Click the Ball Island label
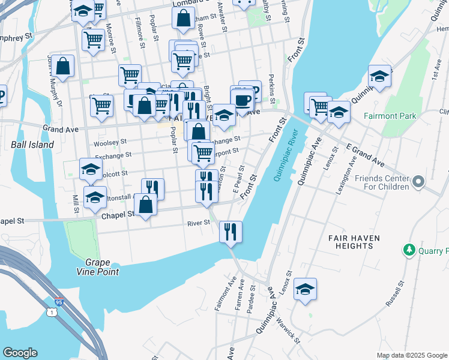tap(32, 145)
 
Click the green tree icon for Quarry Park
tap(410, 249)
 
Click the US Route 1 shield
tap(51, 313)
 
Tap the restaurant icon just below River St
tap(231, 231)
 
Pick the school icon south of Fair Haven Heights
tap(305, 289)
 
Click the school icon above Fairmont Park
tap(379, 76)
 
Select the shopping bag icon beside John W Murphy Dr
tap(62, 67)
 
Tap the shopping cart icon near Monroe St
tap(93, 40)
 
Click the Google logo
tap(20, 353)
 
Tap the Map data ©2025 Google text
tap(411, 355)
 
